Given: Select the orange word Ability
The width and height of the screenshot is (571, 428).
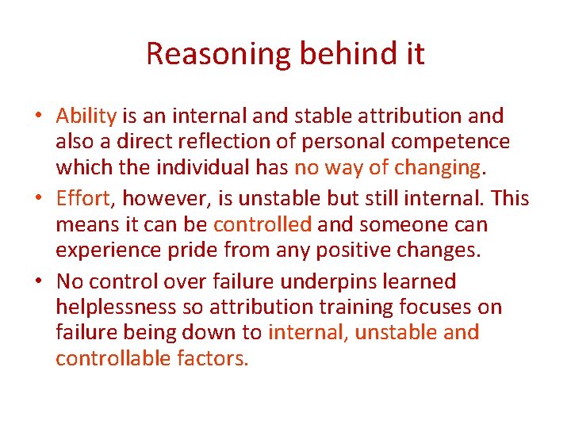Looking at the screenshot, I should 86,116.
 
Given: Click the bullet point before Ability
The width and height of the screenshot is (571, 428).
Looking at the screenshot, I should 39,116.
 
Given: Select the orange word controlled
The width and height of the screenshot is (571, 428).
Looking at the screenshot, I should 263,224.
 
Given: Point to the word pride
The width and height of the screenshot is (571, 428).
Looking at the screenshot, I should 194,250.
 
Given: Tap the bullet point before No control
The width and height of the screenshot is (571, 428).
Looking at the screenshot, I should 39,281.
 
